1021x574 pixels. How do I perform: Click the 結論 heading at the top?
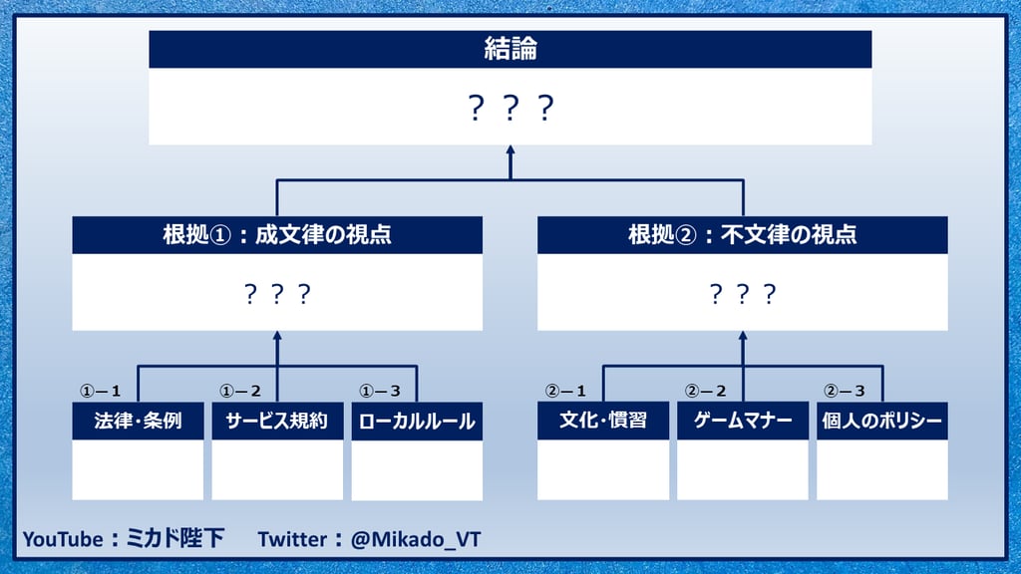pyautogui.click(x=510, y=49)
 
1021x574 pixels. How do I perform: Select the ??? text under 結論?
pyautogui.click(x=510, y=108)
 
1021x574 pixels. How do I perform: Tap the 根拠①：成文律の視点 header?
pyautogui.click(x=277, y=234)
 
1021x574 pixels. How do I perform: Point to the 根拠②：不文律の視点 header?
pyautogui.click(x=742, y=234)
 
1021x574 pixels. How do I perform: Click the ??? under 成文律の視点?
pyautogui.click(x=277, y=294)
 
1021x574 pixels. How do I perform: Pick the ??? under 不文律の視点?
pyautogui.click(x=742, y=294)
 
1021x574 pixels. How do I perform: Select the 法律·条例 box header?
pyautogui.click(x=138, y=421)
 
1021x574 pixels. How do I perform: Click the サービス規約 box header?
pyautogui.click(x=277, y=421)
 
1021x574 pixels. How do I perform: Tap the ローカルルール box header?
pyautogui.click(x=417, y=422)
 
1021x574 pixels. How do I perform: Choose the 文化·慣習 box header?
pyautogui.click(x=603, y=420)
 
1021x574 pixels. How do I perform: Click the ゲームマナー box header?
pyautogui.click(x=742, y=420)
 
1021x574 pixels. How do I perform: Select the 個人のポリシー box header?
pyautogui.click(x=882, y=420)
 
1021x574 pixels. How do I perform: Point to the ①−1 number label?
pyautogui.click(x=101, y=391)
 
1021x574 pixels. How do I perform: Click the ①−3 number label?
pyautogui.click(x=380, y=391)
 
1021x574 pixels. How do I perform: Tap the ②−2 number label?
pyautogui.click(x=705, y=391)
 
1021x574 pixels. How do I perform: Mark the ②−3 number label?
pyautogui.click(x=845, y=391)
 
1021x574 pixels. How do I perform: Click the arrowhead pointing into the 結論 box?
pyautogui.click(x=510, y=149)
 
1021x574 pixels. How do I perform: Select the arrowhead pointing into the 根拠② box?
pyautogui.click(x=742, y=336)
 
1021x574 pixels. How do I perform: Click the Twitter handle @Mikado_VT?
pyautogui.click(x=416, y=539)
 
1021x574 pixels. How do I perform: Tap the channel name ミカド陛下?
pyautogui.click(x=174, y=539)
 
